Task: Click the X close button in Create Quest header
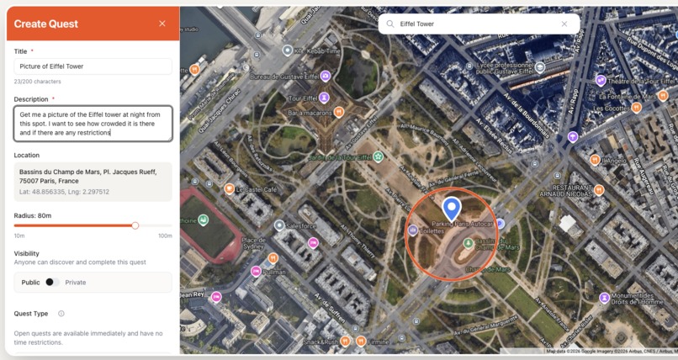pyautogui.click(x=162, y=24)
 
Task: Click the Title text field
pyautogui.click(x=93, y=66)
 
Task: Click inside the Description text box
pyautogui.click(x=93, y=123)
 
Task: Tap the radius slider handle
pyautogui.click(x=135, y=225)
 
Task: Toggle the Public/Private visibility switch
pyautogui.click(x=53, y=283)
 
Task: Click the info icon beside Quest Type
pyautogui.click(x=61, y=314)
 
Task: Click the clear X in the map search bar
pyautogui.click(x=564, y=24)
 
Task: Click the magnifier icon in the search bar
pyautogui.click(x=390, y=24)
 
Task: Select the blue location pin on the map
pyautogui.click(x=452, y=208)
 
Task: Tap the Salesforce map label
pyautogui.click(x=300, y=225)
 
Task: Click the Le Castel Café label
pyautogui.click(x=256, y=189)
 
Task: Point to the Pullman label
pyautogui.click(x=274, y=272)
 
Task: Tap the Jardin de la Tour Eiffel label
pyautogui.click(x=340, y=157)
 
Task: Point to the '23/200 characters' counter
pyautogui.click(x=38, y=82)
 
